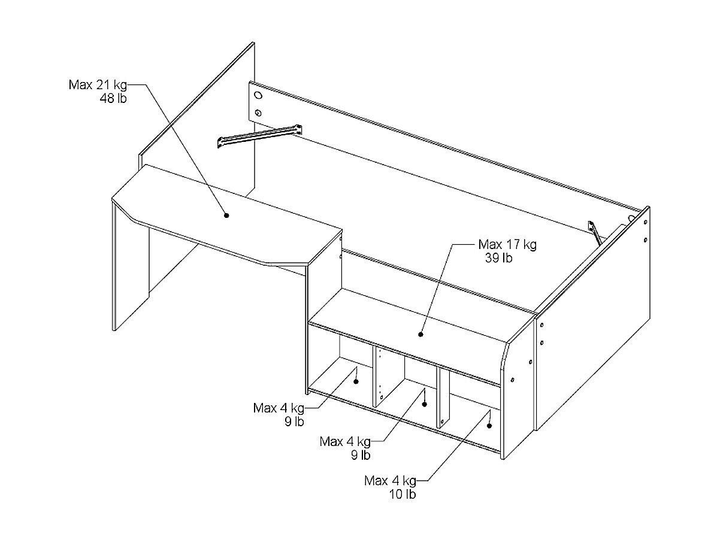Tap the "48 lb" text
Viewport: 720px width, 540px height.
coord(113,98)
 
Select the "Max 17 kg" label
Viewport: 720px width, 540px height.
coord(507,244)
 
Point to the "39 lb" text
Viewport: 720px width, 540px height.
coord(499,258)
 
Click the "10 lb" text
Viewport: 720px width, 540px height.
coord(403,494)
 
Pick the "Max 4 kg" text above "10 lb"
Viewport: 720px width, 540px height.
coord(390,480)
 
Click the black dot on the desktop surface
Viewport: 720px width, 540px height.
coord(226,214)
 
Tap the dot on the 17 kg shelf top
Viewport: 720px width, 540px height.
coord(420,334)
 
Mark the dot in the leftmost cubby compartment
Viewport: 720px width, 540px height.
coord(356,381)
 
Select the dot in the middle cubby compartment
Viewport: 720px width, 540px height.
coord(424,404)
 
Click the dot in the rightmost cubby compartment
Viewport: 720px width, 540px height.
coord(489,426)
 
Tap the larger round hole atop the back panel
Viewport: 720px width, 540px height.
coord(258,96)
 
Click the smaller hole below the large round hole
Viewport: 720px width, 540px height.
coord(258,113)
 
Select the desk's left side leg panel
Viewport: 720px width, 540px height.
coord(131,269)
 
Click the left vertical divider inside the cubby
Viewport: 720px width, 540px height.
coord(379,377)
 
